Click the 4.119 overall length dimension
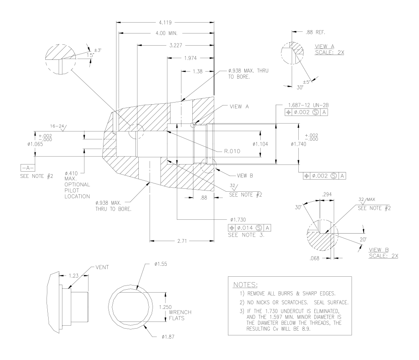(x=165, y=23)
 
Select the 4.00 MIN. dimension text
(x=166, y=33)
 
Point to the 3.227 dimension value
(x=176, y=45)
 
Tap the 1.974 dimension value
(x=190, y=58)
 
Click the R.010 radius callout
(x=232, y=151)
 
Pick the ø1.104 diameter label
(x=260, y=144)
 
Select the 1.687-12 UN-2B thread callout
(x=308, y=105)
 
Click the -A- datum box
(x=28, y=168)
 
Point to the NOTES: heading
(x=245, y=285)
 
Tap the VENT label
(x=102, y=267)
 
